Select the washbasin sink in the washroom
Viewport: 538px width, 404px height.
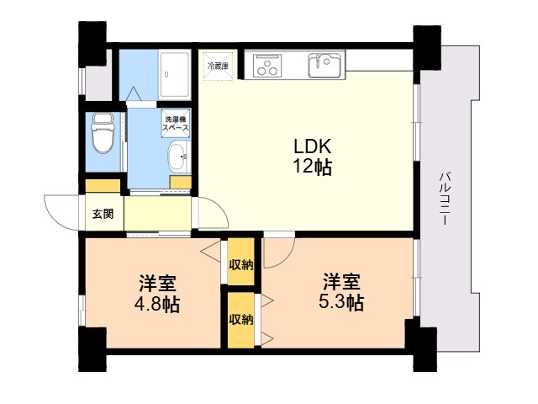pos(178,156)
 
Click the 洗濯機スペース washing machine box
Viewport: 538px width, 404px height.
pos(176,122)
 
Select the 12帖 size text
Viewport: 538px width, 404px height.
pos(311,167)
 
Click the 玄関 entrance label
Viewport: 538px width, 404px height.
pos(103,214)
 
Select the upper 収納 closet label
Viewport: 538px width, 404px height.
pos(241,264)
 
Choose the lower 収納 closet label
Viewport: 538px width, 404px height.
pos(241,319)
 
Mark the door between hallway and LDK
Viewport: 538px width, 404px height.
pos(210,212)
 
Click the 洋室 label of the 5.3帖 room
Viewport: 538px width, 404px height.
pos(342,281)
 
